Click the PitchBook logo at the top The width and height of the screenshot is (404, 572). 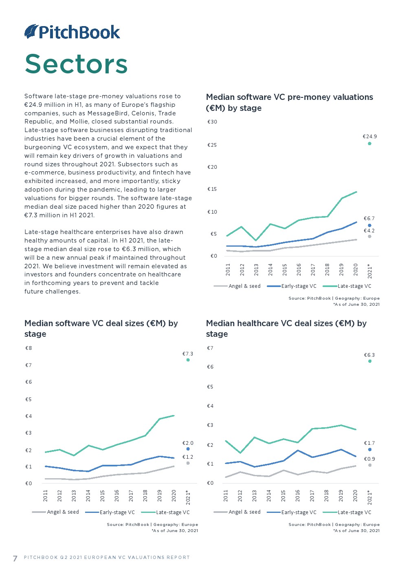tap(72, 32)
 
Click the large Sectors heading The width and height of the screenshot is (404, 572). tap(76, 64)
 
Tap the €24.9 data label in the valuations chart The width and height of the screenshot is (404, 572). tap(370, 137)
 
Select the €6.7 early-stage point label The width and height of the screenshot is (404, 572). tap(369, 219)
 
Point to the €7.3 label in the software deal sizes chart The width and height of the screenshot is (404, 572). tap(188, 354)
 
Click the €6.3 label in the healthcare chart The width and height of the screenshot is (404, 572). tap(369, 355)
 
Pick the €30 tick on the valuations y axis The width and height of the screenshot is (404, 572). tap(212, 122)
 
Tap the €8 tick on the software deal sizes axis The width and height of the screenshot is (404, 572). tap(29, 348)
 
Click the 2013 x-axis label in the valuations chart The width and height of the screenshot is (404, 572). tap(256, 269)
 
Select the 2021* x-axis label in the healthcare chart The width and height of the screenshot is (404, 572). tap(370, 497)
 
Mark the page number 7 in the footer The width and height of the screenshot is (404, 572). tap(15, 558)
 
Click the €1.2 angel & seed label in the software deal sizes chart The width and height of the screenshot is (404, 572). tap(188, 457)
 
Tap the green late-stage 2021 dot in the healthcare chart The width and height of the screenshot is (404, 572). tap(370, 361)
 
